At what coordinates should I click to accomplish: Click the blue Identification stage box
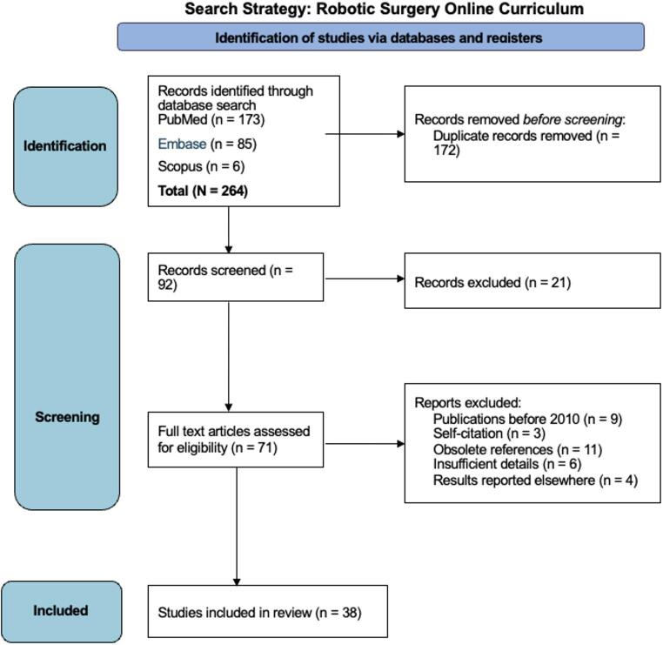pyautogui.click(x=65, y=146)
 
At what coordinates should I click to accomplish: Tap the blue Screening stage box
pyautogui.click(x=67, y=376)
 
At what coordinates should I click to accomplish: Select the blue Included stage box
pyautogui.click(x=61, y=612)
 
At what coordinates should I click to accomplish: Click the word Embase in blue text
pyautogui.click(x=182, y=144)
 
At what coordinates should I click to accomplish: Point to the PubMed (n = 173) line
pyautogui.click(x=211, y=120)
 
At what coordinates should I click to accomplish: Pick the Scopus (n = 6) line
pyautogui.click(x=201, y=166)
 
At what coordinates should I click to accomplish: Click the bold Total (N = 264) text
pyautogui.click(x=203, y=191)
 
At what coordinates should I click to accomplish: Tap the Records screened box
pyautogui.click(x=236, y=277)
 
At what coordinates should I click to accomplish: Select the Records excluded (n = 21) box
pyautogui.click(x=532, y=281)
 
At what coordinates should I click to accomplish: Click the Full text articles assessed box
pyautogui.click(x=236, y=440)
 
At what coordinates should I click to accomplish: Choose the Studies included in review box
pyautogui.click(x=268, y=611)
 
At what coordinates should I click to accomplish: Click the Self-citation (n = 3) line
pyautogui.click(x=489, y=433)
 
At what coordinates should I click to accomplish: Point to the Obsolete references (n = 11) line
pyautogui.click(x=518, y=449)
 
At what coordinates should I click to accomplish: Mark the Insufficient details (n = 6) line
pyautogui.click(x=507, y=464)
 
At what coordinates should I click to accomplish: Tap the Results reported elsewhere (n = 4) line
pyautogui.click(x=535, y=480)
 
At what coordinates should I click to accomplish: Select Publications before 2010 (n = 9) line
pyautogui.click(x=527, y=420)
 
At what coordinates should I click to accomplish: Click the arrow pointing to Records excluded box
pyautogui.click(x=365, y=279)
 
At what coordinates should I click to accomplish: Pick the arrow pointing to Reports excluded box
pyautogui.click(x=365, y=444)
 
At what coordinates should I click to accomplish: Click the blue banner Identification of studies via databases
pyautogui.click(x=380, y=37)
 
